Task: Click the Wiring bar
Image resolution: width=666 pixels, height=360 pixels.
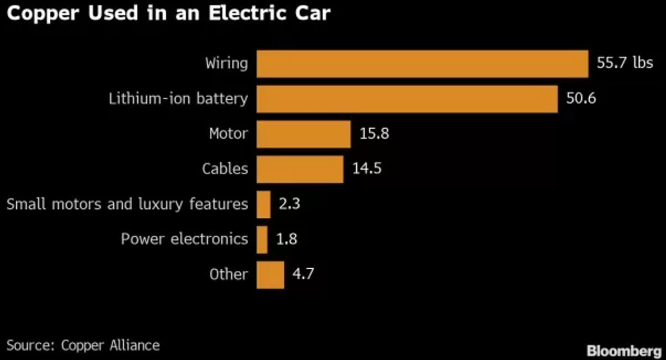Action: click(422, 64)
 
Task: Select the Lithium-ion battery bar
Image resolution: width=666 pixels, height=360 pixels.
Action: click(407, 99)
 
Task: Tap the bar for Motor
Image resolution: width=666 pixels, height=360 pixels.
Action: click(304, 134)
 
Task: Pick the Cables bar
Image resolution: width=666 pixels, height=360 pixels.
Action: click(300, 169)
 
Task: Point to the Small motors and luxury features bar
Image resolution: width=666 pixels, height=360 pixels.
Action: click(263, 204)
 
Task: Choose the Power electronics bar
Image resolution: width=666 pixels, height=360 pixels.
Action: click(262, 240)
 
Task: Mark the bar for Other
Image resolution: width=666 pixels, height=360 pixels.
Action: click(270, 274)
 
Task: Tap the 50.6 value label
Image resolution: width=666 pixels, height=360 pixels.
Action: click(581, 99)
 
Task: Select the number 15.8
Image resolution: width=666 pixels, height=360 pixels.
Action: click(374, 134)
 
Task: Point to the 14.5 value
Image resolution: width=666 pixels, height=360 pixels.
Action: click(367, 169)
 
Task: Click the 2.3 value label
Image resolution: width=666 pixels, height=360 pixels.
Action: click(289, 204)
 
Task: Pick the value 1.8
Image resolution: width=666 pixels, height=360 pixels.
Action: click(286, 240)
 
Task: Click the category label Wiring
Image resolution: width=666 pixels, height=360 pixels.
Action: click(226, 63)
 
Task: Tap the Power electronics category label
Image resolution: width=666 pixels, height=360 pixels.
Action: click(184, 239)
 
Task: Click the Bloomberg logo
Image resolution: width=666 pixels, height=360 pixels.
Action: click(623, 351)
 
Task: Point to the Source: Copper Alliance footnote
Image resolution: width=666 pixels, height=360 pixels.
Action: click(83, 345)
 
